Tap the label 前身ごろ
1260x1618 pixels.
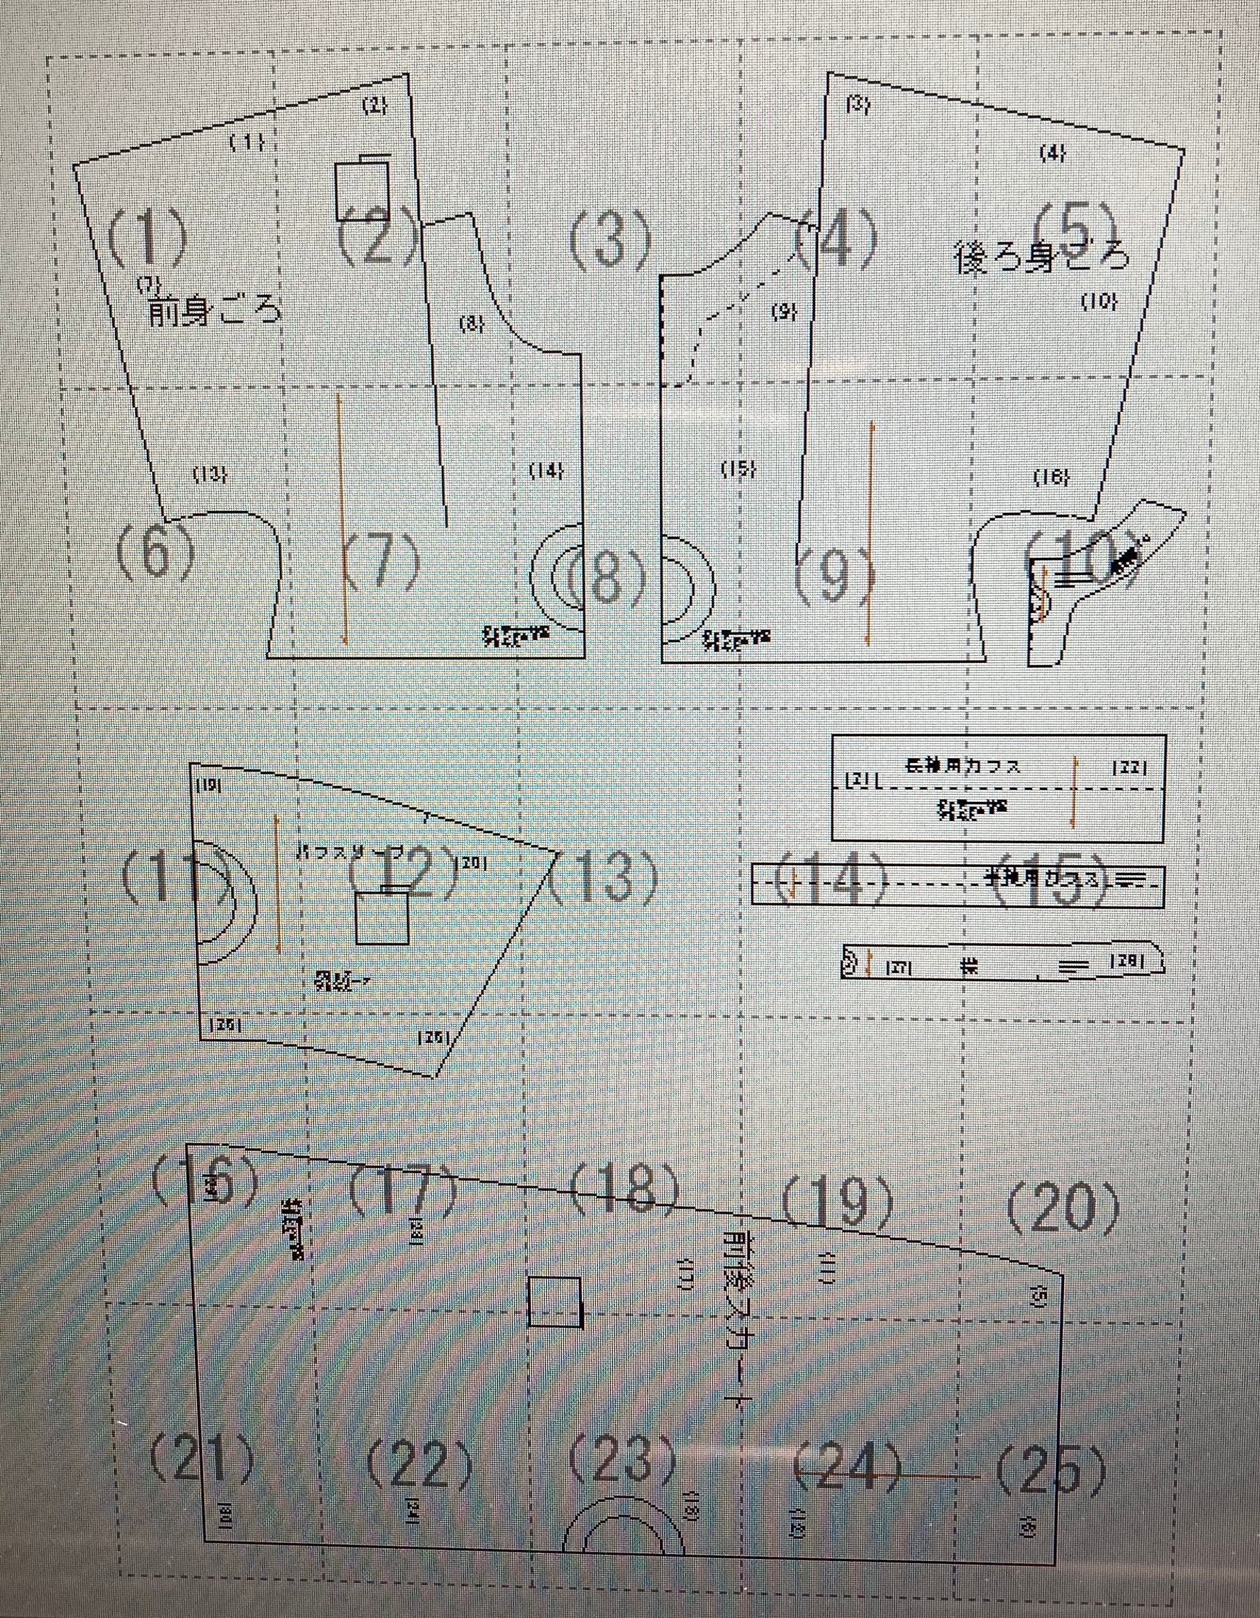tap(215, 311)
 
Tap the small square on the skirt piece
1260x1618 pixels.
tap(555, 1301)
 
